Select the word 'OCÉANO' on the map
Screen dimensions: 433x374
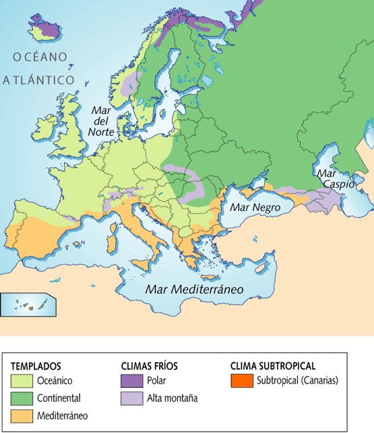[x=39, y=57]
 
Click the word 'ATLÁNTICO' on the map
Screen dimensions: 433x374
[x=38, y=79]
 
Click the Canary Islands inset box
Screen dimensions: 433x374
[x=28, y=304]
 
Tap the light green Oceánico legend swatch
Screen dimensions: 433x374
[x=21, y=380]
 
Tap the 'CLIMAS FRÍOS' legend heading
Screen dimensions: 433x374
[x=149, y=366]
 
